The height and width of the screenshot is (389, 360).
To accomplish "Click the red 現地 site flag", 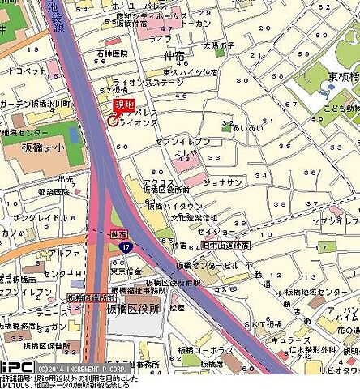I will [x=124, y=105].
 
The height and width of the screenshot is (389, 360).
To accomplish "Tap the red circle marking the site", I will [x=112, y=121].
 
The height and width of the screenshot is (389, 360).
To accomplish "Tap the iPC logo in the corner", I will [x=16, y=367].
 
